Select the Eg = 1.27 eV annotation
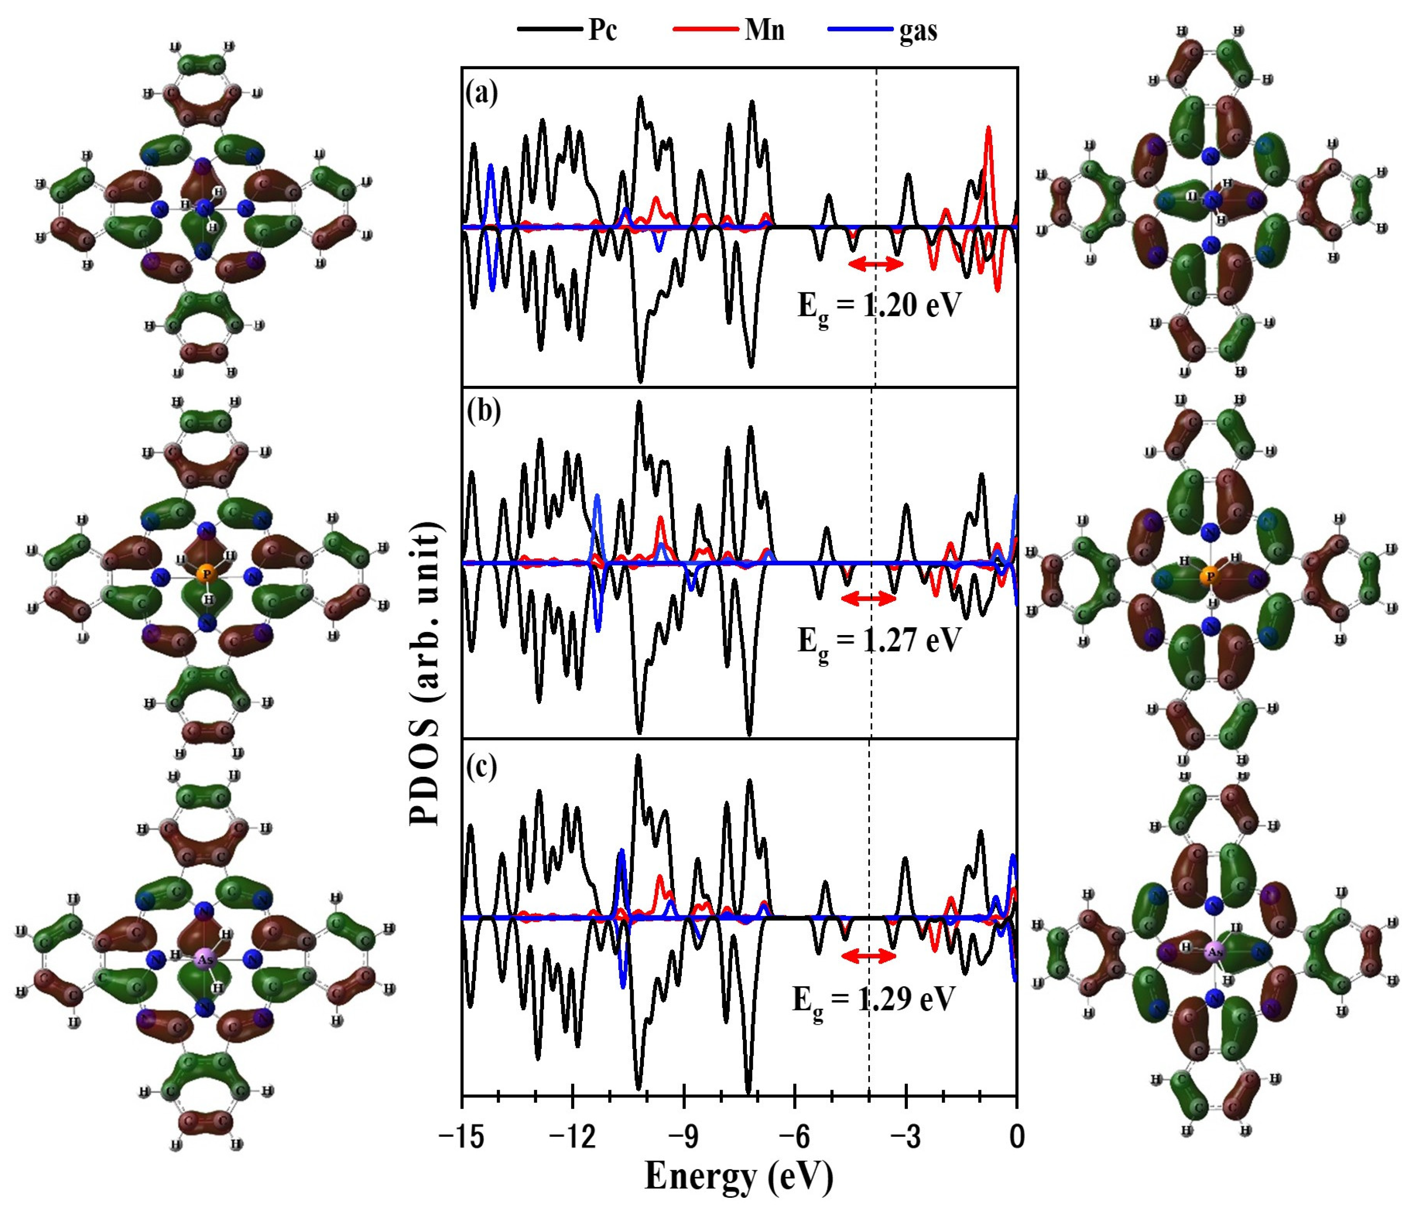(879, 642)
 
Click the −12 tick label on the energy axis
(572, 1137)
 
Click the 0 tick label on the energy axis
(1016, 1137)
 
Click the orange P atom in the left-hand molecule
(207, 574)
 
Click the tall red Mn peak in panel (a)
(988, 136)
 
